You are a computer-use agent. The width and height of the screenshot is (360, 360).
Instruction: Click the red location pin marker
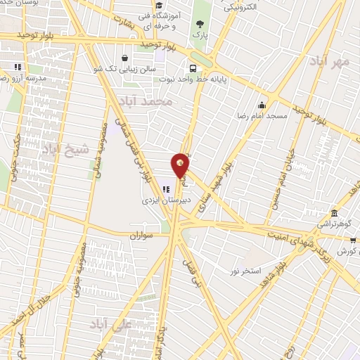pyautogui.click(x=181, y=165)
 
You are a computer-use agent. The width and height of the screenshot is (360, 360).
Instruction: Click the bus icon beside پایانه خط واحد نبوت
pyautogui.click(x=192, y=69)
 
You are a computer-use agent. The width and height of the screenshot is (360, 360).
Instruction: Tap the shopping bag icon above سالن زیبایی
pyautogui.click(x=124, y=58)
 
